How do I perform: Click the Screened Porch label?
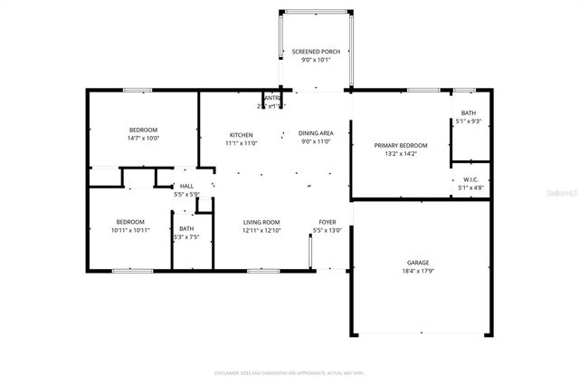[316, 52]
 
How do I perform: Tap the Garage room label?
[418, 262]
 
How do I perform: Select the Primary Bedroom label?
[401, 145]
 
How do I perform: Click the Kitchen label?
[241, 134]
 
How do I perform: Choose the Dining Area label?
[316, 134]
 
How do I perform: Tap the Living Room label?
[261, 222]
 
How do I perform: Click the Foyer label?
[327, 222]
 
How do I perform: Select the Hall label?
[186, 186]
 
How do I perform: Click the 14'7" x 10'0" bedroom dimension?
[143, 139]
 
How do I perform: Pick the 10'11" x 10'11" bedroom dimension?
[129, 230]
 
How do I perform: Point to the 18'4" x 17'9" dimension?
[418, 271]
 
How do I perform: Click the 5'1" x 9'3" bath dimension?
[468, 121]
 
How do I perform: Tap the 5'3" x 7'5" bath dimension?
[186, 237]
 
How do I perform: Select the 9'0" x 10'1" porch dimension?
[316, 61]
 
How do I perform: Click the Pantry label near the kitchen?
[271, 98]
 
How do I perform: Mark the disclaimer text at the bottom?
[289, 372]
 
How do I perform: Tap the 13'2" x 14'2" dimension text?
[401, 154]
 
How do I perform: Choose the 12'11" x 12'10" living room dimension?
[261, 230]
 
